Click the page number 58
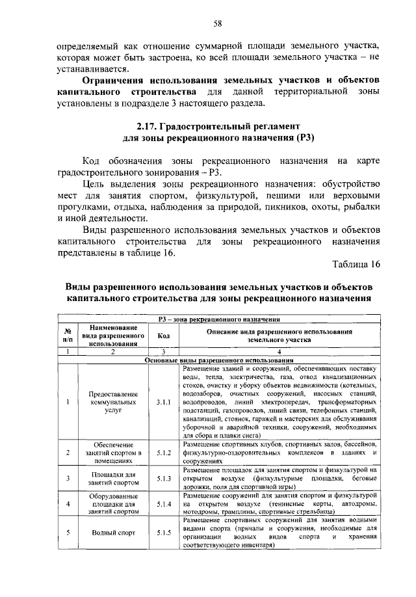click(x=218, y=24)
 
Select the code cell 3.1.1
click(x=164, y=403)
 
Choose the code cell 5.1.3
click(x=164, y=477)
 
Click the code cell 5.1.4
click(x=164, y=503)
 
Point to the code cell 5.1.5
click(x=164, y=532)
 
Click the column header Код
click(x=164, y=335)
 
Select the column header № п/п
click(x=67, y=335)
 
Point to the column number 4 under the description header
click(x=279, y=351)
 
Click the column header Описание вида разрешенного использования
click(x=279, y=335)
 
